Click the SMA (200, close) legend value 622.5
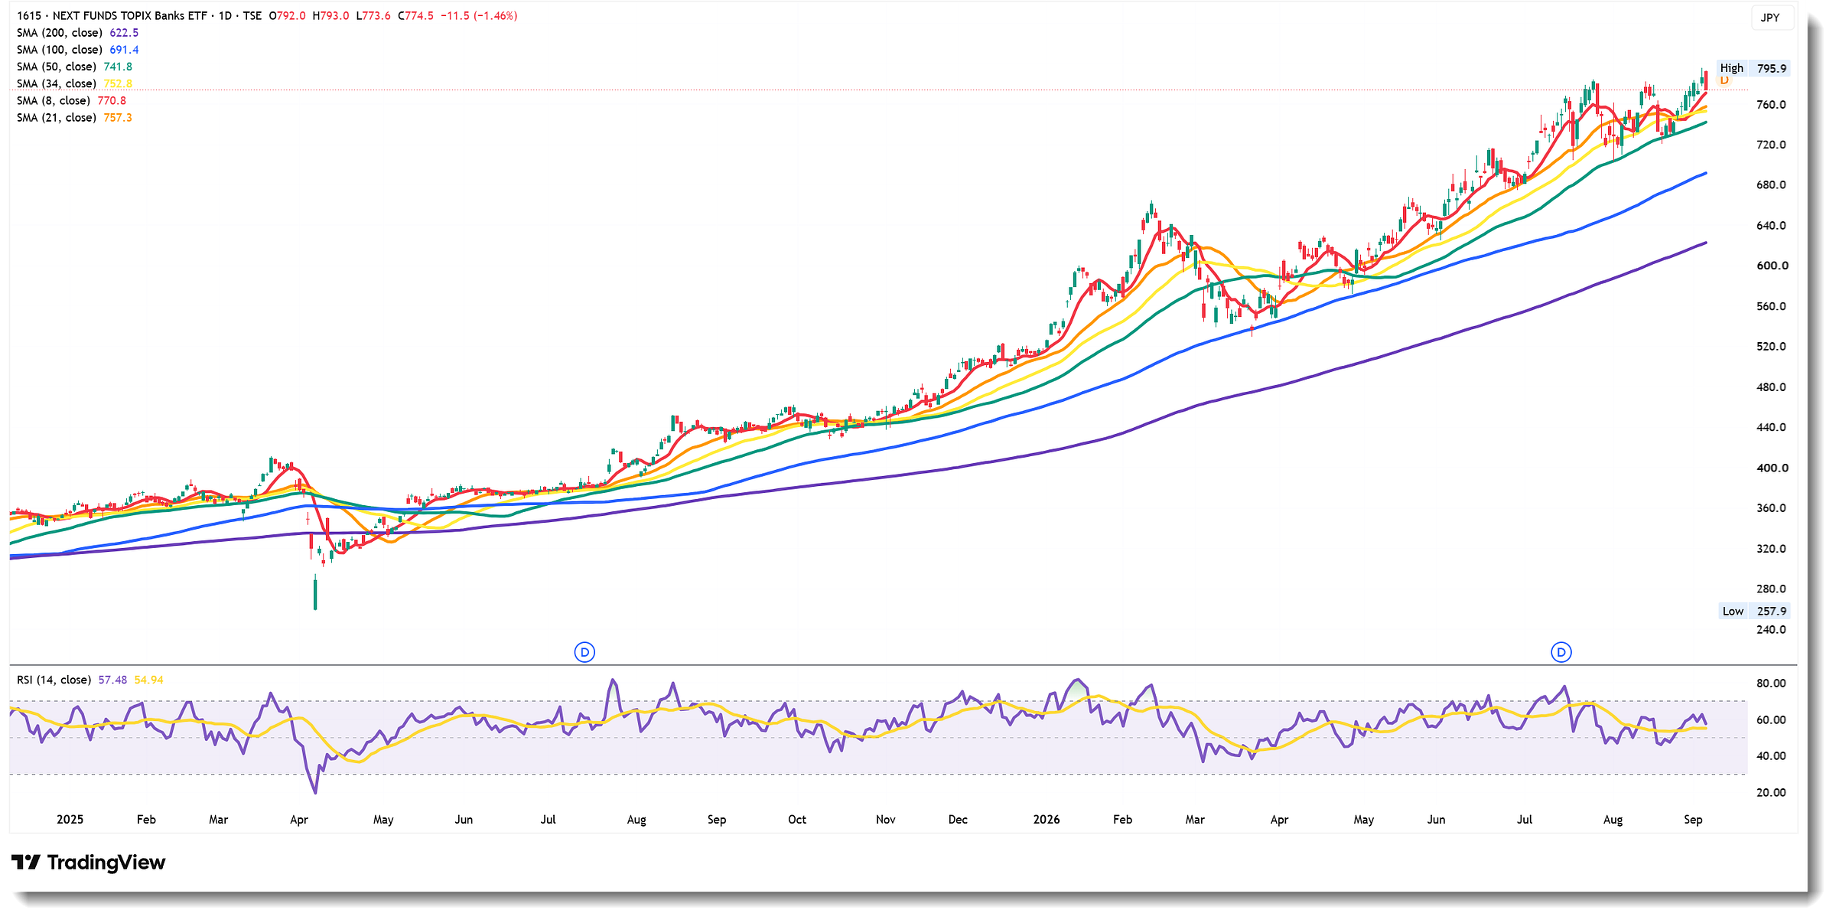[x=124, y=33]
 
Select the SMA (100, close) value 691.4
[x=124, y=50]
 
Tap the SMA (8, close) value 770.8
[x=112, y=100]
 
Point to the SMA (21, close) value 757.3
[x=118, y=117]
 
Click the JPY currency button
[x=1770, y=18]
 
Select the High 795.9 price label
[x=1753, y=68]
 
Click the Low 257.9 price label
[x=1754, y=611]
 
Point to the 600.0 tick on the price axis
[x=1773, y=266]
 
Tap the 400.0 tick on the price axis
[x=1773, y=468]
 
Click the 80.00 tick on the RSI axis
[x=1771, y=683]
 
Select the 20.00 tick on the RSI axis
[x=1771, y=792]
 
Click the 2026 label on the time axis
[x=1047, y=819]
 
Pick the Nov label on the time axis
[x=885, y=819]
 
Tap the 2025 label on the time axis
[x=70, y=819]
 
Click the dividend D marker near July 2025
[x=584, y=652]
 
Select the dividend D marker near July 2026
[x=1561, y=652]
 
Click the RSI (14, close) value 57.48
[x=112, y=680]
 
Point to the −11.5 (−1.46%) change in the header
[x=479, y=15]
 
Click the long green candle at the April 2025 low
[x=315, y=593]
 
